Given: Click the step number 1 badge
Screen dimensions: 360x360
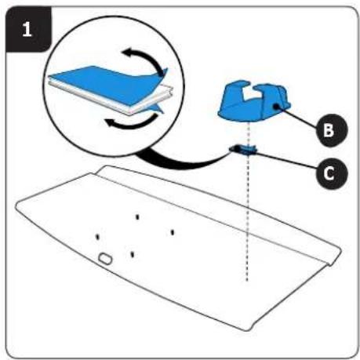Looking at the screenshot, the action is (x=28, y=29).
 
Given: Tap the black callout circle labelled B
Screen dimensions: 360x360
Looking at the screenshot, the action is (x=332, y=130).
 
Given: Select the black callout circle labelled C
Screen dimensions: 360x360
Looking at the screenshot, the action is (x=332, y=173).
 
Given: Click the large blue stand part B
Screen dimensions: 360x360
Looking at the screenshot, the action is (x=253, y=102).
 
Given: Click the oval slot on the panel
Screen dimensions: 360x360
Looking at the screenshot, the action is (x=105, y=258).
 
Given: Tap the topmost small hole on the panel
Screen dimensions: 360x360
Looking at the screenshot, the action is (x=137, y=216).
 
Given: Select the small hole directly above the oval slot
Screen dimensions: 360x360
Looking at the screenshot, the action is (x=97, y=237).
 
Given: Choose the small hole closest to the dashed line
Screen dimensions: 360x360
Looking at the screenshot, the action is (x=173, y=232).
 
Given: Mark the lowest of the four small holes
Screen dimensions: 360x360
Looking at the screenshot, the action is (x=133, y=254).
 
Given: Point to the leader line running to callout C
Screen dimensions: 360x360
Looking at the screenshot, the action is (x=285, y=159).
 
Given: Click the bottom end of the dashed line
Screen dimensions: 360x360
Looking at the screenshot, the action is (x=247, y=281).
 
